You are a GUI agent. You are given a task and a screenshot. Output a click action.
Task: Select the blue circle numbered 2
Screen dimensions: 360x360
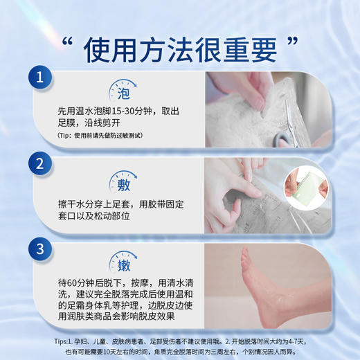[x=41, y=165]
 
